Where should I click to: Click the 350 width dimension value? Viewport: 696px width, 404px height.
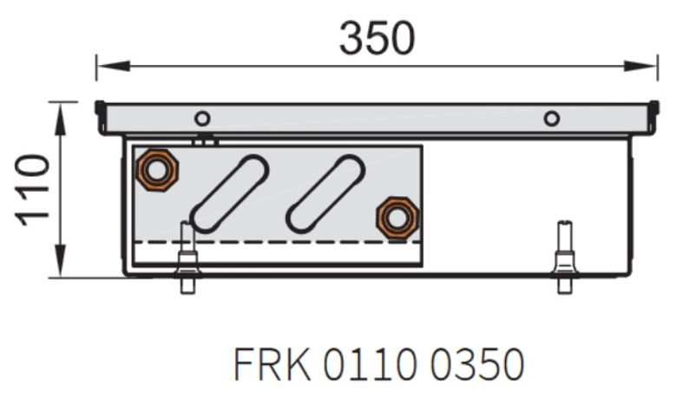pos(377,37)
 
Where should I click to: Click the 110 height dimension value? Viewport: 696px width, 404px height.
pos(34,189)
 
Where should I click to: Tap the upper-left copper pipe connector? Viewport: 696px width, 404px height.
pos(157,168)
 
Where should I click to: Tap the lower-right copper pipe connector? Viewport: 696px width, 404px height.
pos(397,218)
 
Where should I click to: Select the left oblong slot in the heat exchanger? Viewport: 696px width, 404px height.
pos(230,193)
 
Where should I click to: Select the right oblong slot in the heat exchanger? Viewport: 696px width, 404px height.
pos(325,193)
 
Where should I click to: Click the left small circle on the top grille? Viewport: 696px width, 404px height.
pos(202,119)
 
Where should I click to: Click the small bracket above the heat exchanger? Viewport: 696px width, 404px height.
pos(205,139)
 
